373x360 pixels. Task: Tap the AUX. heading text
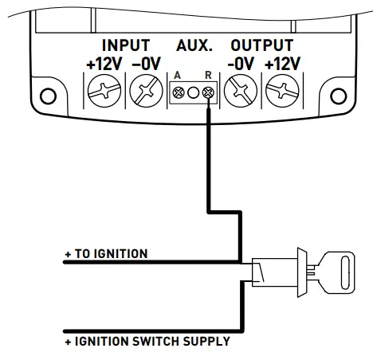tap(190, 45)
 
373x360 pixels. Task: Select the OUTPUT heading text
tap(261, 45)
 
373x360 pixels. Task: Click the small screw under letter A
tap(177, 93)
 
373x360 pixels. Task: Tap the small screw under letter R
tap(207, 93)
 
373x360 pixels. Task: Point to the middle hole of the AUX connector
tap(192, 93)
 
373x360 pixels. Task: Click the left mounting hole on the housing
tap(50, 98)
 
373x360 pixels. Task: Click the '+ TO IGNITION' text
tap(106, 254)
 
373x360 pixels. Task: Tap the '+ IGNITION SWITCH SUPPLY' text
tap(147, 341)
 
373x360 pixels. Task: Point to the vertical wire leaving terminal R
tap(208, 159)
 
